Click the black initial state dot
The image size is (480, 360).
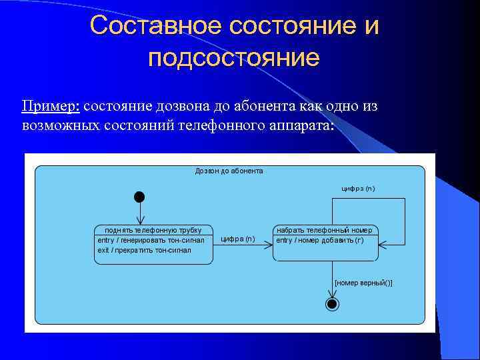pyautogui.click(x=139, y=197)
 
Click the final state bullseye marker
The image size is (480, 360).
pyautogui.click(x=332, y=305)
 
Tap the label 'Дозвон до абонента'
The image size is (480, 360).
pyautogui.click(x=229, y=171)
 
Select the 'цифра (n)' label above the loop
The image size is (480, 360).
pyautogui.click(x=358, y=189)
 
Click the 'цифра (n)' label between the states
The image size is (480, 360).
pyautogui.click(x=237, y=239)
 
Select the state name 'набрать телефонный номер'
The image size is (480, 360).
pyautogui.click(x=325, y=230)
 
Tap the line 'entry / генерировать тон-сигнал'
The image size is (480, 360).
pyautogui.click(x=151, y=240)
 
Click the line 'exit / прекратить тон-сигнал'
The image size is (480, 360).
pyautogui.click(x=144, y=250)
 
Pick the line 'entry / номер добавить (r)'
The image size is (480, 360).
pyautogui.click(x=320, y=240)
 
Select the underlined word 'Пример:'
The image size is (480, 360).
pyautogui.click(x=51, y=107)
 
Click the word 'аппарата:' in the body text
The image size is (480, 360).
pyautogui.click(x=301, y=125)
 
